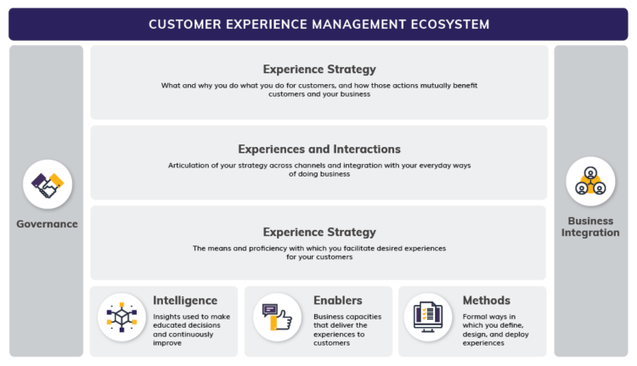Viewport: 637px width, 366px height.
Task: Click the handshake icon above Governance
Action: coord(48,184)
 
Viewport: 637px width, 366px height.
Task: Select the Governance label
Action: coord(48,224)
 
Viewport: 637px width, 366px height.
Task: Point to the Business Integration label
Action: coord(589,227)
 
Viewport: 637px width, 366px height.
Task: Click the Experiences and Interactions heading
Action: coord(319,149)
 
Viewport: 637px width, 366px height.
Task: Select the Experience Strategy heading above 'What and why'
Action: coord(319,69)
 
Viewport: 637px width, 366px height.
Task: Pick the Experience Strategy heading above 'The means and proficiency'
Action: coord(319,232)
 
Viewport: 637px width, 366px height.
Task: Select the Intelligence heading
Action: coord(185,300)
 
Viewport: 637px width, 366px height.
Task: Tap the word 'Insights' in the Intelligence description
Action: coord(168,316)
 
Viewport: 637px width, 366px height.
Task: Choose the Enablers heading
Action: coord(338,300)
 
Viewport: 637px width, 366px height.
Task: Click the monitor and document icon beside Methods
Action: coord(428,317)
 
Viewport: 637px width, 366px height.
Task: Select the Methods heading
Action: coord(487,300)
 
